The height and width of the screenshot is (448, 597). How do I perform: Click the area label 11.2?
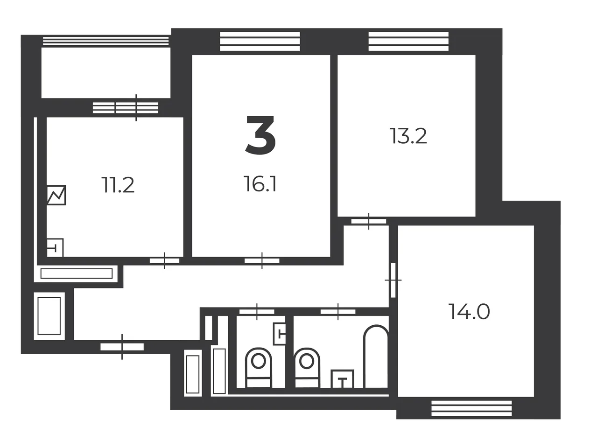(x=118, y=185)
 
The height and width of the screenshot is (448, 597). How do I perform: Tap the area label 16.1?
(x=260, y=184)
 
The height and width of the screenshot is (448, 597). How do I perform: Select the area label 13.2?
(x=408, y=136)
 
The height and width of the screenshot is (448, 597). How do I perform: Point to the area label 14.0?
(x=469, y=312)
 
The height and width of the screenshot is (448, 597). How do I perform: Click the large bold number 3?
(x=260, y=135)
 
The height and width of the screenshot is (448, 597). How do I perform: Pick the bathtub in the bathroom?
(x=376, y=357)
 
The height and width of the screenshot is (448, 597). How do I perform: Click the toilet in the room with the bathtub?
(x=307, y=368)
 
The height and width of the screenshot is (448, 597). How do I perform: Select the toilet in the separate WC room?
(x=259, y=368)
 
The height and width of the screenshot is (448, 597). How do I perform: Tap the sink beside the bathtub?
(x=343, y=379)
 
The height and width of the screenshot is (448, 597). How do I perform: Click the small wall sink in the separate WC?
(x=279, y=334)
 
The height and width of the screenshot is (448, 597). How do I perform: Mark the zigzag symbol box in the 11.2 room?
(x=56, y=195)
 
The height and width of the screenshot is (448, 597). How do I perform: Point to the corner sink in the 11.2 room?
(x=55, y=248)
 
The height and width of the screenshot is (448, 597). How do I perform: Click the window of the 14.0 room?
(x=471, y=408)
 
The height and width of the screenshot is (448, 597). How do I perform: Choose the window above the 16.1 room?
(x=260, y=41)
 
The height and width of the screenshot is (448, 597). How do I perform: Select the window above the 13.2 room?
(x=408, y=41)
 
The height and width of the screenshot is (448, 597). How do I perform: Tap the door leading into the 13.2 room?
(x=369, y=221)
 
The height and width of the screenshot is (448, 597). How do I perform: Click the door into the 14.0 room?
(x=393, y=280)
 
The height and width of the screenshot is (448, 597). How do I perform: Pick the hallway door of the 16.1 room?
(x=262, y=261)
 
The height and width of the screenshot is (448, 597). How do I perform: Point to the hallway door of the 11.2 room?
(x=165, y=261)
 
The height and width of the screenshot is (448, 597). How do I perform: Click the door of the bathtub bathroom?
(x=338, y=312)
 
